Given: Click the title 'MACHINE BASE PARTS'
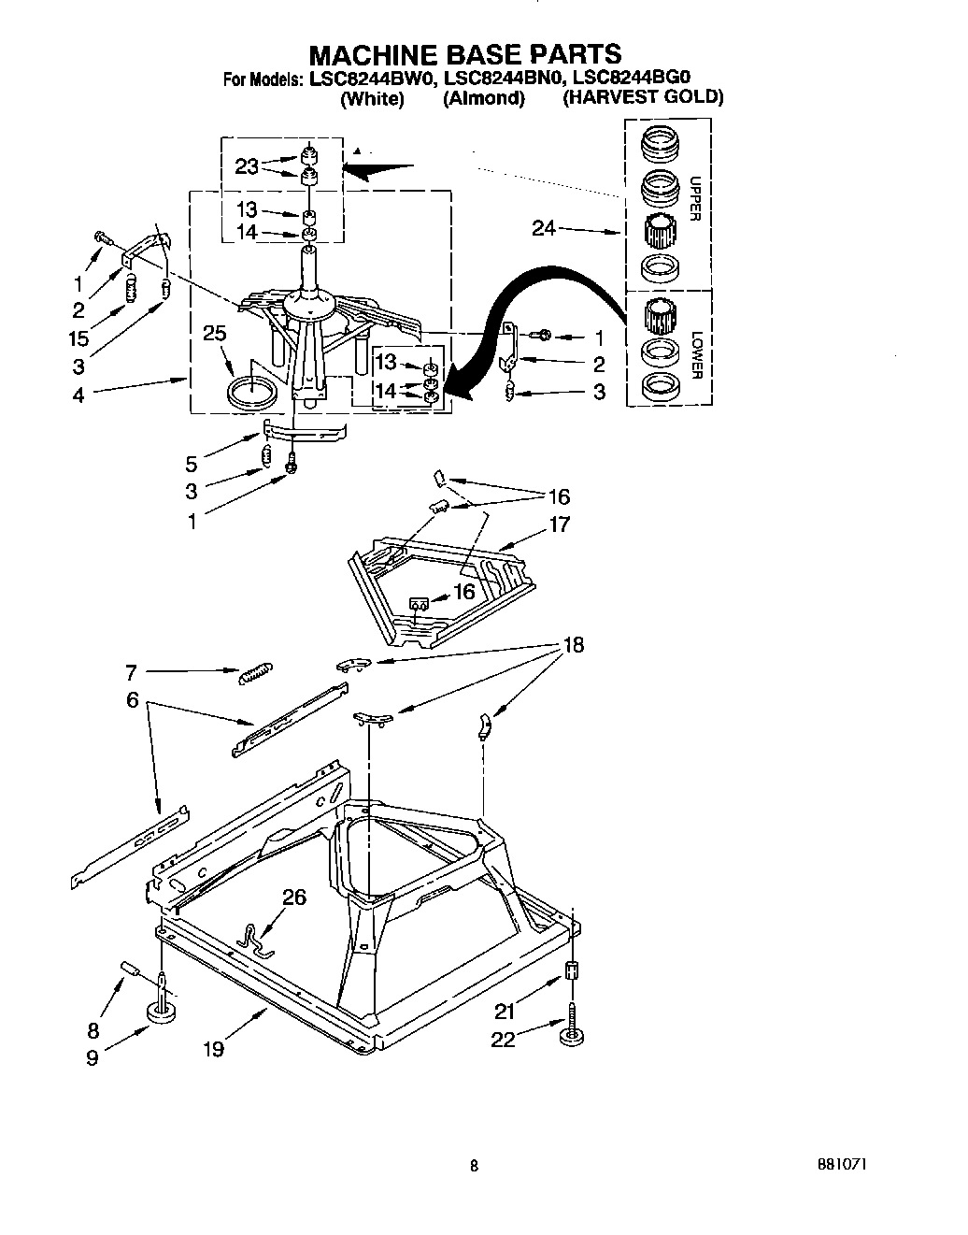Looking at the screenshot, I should (x=465, y=53).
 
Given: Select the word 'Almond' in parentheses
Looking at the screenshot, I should (x=483, y=98).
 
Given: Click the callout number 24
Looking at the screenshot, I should (x=545, y=227).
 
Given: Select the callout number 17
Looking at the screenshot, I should (x=559, y=524).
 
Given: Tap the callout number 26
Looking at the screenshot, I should (x=293, y=898).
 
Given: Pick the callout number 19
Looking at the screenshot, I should (x=213, y=1049).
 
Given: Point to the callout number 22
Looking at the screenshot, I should (x=503, y=1039).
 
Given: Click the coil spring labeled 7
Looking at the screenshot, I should (x=255, y=673).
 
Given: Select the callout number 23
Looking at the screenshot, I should (x=247, y=166).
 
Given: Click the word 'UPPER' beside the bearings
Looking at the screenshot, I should (x=694, y=198).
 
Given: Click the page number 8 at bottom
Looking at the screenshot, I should (x=474, y=1165).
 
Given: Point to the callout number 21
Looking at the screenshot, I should (x=505, y=1009).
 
